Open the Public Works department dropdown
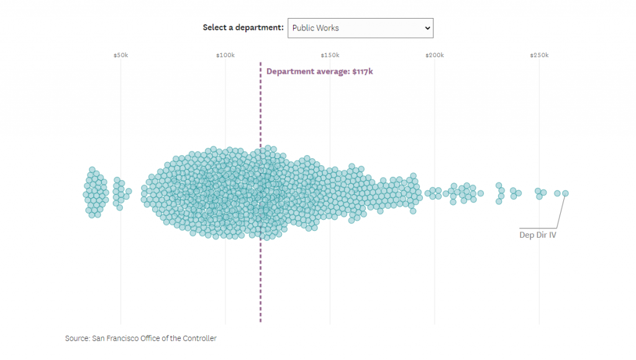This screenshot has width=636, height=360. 360,28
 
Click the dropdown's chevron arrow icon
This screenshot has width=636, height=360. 426,28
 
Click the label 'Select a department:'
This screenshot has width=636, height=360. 243,28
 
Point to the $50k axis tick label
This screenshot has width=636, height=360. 120,55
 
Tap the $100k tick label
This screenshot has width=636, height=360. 225,55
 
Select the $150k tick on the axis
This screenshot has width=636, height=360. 330,55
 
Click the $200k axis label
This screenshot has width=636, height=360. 434,55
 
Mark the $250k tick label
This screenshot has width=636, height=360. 539,55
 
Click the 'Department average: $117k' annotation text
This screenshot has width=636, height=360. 319,71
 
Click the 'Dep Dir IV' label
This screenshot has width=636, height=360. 537,235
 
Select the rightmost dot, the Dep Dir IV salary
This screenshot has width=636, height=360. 565,193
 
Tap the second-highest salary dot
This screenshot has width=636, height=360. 557,193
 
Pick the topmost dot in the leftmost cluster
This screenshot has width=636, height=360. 92,169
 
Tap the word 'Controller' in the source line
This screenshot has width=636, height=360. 199,338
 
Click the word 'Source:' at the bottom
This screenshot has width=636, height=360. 77,338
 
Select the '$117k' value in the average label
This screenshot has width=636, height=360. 363,71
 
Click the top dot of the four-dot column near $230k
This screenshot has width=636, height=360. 498,186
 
